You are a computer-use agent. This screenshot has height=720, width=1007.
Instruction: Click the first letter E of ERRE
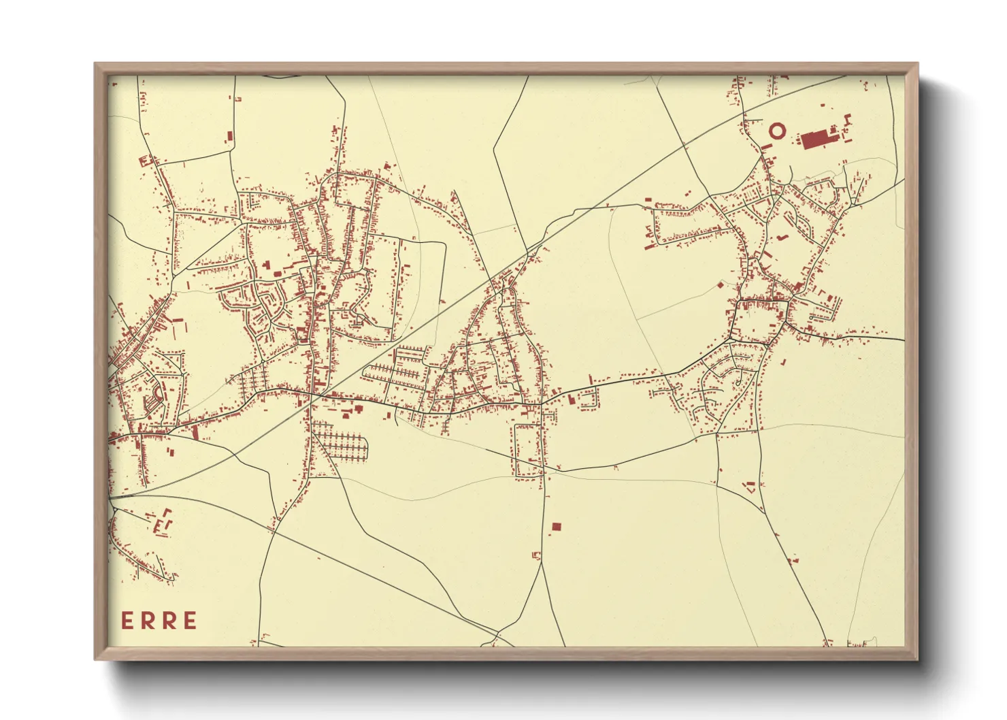click(x=127, y=621)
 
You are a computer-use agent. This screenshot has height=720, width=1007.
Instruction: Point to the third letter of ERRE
click(x=169, y=621)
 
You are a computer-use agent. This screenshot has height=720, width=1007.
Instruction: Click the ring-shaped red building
click(x=776, y=129)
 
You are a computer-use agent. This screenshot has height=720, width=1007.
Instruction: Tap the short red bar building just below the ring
click(x=767, y=146)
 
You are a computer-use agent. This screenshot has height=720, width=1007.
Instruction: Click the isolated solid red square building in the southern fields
click(x=557, y=527)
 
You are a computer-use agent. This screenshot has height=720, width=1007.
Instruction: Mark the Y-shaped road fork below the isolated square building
click(x=542, y=561)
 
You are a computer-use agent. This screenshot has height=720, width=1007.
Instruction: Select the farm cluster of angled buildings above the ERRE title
click(x=162, y=521)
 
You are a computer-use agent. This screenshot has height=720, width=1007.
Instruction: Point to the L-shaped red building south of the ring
click(x=782, y=237)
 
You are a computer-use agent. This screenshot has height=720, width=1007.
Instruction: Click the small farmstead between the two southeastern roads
click(x=751, y=486)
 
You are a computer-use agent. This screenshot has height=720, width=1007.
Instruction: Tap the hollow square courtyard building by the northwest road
click(x=144, y=161)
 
